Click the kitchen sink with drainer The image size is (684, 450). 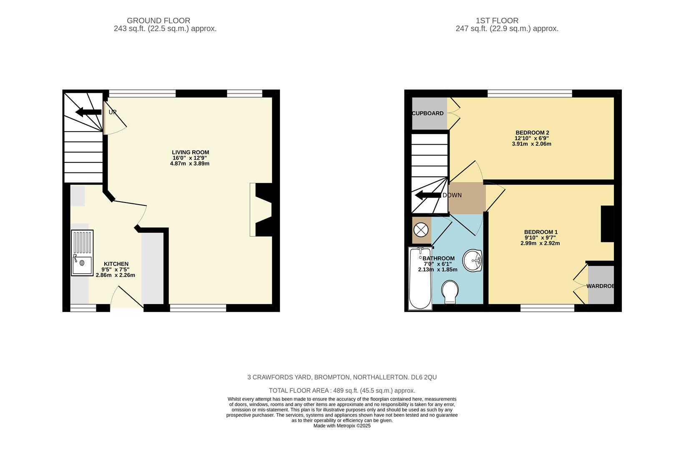tap(82, 252)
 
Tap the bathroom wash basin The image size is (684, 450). tap(473, 260)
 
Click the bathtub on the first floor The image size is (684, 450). tap(420, 278)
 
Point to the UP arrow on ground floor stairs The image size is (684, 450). tap(88, 112)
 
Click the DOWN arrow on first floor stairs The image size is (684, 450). tap(428, 195)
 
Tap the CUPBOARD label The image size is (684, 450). tap(427, 113)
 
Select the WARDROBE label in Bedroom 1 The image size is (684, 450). tap(601, 286)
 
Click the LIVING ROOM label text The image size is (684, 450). tap(190, 152)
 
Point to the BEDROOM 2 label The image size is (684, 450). tap(532, 132)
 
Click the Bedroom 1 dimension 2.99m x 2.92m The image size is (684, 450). tap(540, 243)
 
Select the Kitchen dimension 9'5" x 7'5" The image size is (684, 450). tap(115, 270)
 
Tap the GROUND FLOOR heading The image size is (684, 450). tap(158, 20)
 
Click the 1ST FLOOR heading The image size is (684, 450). tap(497, 20)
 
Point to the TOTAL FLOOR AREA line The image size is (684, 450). tap(342, 390)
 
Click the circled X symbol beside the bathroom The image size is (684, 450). tap(421, 229)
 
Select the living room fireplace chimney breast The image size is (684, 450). tap(264, 210)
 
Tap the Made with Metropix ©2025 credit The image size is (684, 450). tap(342, 426)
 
